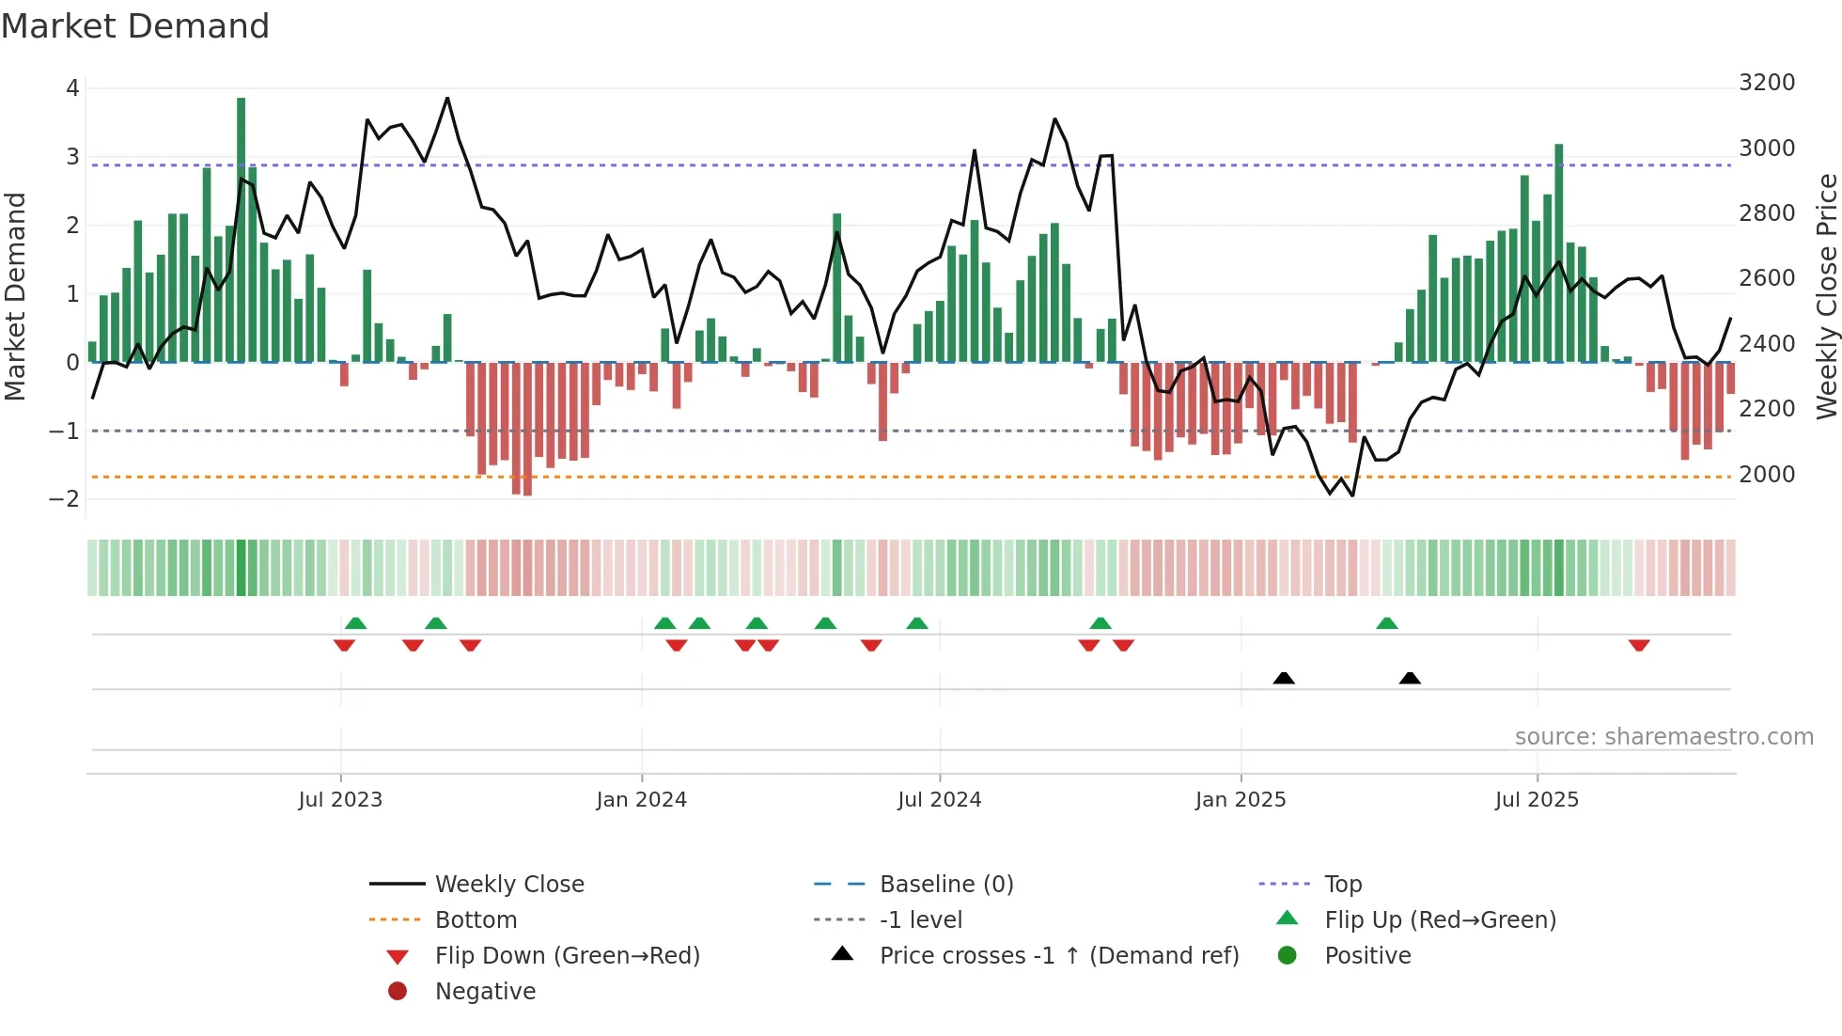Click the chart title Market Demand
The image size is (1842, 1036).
[x=135, y=26]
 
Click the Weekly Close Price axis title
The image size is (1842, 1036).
[x=1826, y=296]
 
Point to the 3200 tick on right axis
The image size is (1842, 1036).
[x=1767, y=83]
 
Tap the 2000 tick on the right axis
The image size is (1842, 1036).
[x=1767, y=475]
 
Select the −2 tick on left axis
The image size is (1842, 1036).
[x=64, y=499]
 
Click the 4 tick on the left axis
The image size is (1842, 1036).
[x=72, y=88]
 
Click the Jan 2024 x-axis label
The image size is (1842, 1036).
[x=641, y=800]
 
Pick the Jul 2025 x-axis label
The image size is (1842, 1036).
[x=1537, y=800]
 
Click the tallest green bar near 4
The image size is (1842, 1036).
[x=242, y=226]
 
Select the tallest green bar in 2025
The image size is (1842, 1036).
[x=1559, y=254]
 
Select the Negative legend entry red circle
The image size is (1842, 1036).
[x=398, y=992]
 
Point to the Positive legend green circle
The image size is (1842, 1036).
[x=1288, y=956]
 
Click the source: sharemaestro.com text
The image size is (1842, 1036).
[x=1663, y=737]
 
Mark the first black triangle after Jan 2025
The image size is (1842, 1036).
[x=1284, y=678]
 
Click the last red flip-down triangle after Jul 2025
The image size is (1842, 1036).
[x=1639, y=645]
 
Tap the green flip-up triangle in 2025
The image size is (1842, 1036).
[x=1387, y=623]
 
